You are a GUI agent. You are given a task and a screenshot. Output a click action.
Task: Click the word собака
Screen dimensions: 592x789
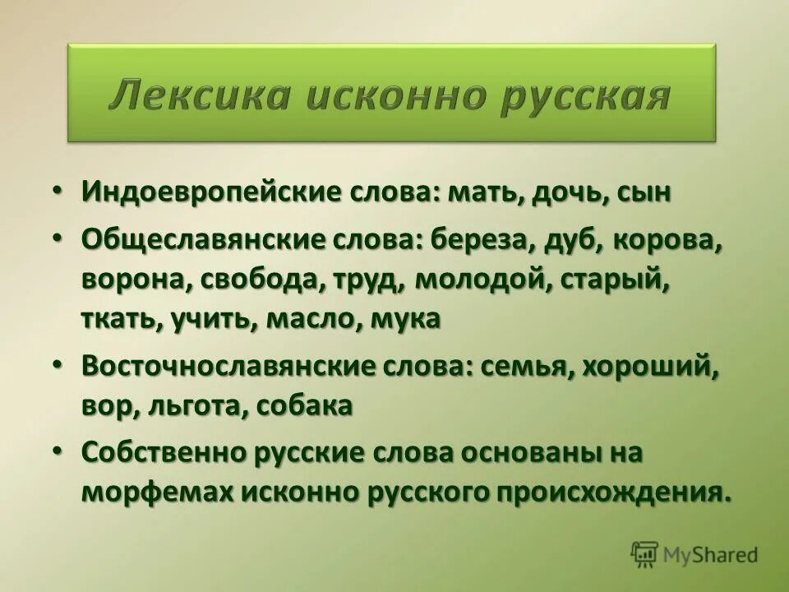point(304,405)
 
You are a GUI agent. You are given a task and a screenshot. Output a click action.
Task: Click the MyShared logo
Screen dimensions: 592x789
point(694,554)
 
